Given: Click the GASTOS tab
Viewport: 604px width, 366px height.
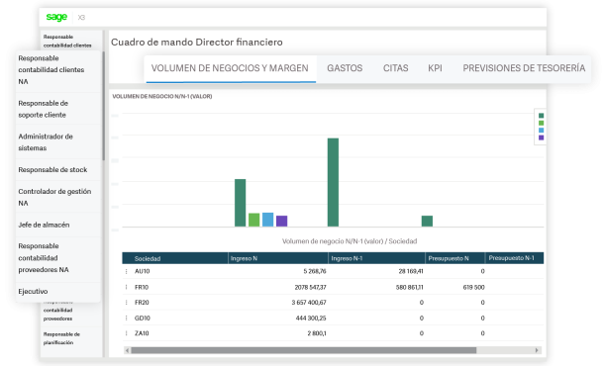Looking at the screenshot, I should [x=345, y=68].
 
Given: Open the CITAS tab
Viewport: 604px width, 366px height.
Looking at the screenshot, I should [x=395, y=68].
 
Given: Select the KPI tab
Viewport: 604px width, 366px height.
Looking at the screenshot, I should [x=435, y=68].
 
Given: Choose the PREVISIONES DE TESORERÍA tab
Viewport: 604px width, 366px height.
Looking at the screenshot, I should [x=523, y=68].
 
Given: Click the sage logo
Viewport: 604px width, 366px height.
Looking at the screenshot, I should [x=56, y=17].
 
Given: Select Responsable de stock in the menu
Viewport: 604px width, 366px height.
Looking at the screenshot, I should [x=53, y=169].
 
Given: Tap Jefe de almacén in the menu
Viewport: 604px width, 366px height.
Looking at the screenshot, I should [x=44, y=225].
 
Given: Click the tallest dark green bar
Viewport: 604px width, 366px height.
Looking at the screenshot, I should [x=333, y=182].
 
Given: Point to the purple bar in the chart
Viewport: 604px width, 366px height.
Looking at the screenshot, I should [x=281, y=221].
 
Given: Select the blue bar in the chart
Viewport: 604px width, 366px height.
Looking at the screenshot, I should [x=267, y=220].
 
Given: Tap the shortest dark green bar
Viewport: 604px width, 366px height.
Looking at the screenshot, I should [x=427, y=221].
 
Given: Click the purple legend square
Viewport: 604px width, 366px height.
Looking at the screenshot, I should [x=542, y=137].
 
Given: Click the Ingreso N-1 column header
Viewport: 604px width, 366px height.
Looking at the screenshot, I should [x=349, y=258].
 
